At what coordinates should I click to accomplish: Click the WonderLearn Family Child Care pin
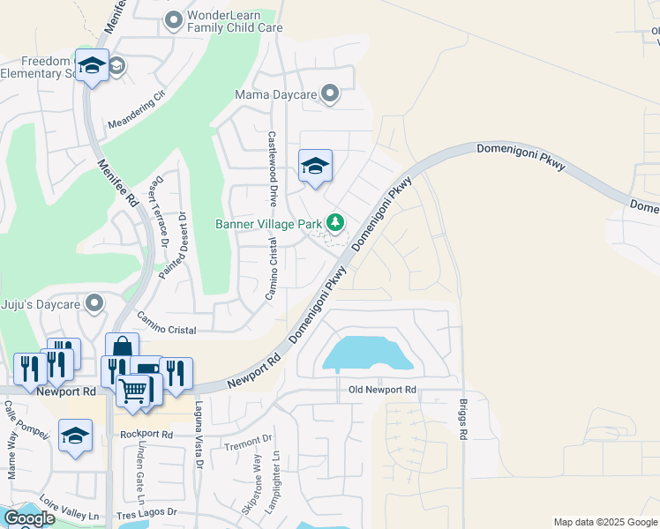pyautogui.click(x=175, y=19)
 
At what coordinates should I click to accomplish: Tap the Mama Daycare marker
pyautogui.click(x=331, y=93)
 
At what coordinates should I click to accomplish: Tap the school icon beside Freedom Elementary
pyautogui.click(x=92, y=66)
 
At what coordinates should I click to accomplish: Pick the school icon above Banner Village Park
pyautogui.click(x=315, y=166)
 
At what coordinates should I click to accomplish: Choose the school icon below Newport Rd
pyautogui.click(x=76, y=436)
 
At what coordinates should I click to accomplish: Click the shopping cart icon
pyautogui.click(x=133, y=390)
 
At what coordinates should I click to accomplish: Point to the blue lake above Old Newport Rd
pyautogui.click(x=368, y=354)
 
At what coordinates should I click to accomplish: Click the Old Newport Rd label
pyautogui.click(x=382, y=390)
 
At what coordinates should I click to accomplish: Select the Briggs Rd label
pyautogui.click(x=462, y=419)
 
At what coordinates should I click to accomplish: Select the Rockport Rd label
pyautogui.click(x=146, y=434)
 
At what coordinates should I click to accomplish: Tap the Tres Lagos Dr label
pyautogui.click(x=148, y=512)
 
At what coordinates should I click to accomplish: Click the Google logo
pyautogui.click(x=29, y=518)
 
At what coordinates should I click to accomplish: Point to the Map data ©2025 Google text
pyautogui.click(x=605, y=522)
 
